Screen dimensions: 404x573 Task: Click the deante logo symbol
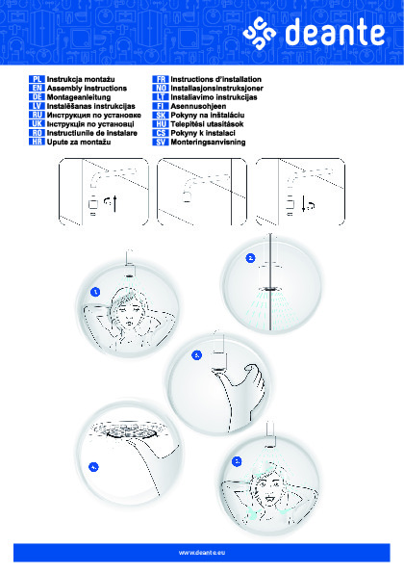(259, 34)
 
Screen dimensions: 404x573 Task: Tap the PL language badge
(37, 79)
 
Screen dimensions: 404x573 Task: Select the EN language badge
(37, 88)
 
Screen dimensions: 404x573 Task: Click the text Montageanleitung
(79, 97)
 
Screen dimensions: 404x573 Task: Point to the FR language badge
(161, 79)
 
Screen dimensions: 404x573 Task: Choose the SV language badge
(161, 143)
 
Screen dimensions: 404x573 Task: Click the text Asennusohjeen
(198, 106)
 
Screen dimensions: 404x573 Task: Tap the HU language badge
(161, 124)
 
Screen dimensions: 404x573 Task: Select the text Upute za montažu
(79, 143)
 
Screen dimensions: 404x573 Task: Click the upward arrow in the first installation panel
(115, 204)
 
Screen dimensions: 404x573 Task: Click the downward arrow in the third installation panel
(304, 204)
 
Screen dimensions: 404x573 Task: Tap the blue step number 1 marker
(95, 292)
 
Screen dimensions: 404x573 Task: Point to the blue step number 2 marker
(250, 258)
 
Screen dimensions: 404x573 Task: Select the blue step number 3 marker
(196, 355)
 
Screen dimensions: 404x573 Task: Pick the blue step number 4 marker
(94, 467)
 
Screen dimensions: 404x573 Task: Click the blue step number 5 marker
(237, 461)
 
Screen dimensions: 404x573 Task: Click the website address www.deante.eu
(202, 553)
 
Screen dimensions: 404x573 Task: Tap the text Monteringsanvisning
(208, 143)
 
